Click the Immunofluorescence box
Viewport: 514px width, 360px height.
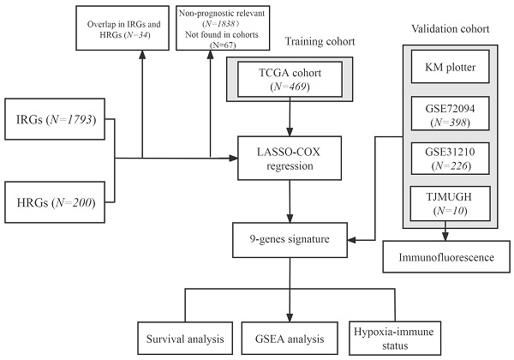coord(445,256)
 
